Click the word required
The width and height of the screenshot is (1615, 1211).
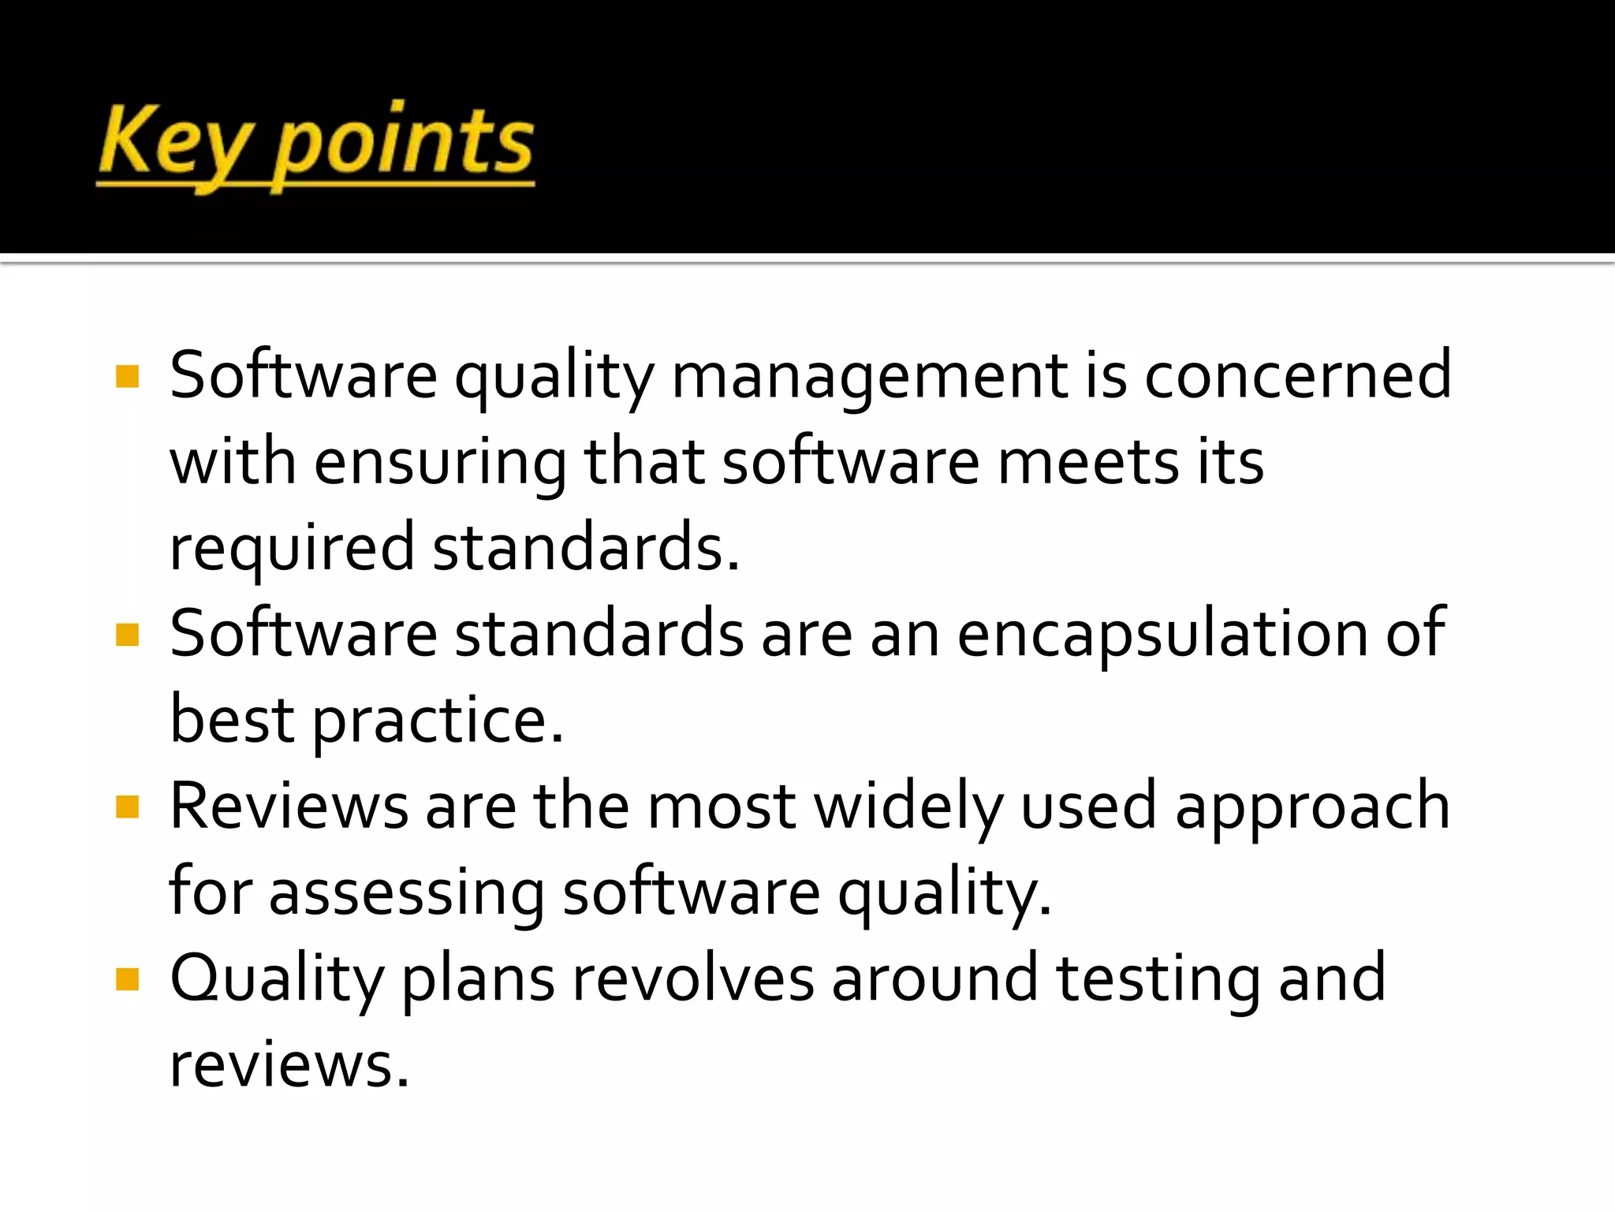tap(292, 550)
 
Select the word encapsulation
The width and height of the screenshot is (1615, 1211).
tap(1162, 635)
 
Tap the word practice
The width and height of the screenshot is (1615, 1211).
tap(438, 721)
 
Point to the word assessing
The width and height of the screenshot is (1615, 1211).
tap(406, 895)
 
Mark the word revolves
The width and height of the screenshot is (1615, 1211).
tap(692, 979)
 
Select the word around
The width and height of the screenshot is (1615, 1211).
tap(934, 979)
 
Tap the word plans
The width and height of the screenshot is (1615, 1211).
tap(478, 981)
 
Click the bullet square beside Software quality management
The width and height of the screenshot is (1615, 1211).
tap(127, 376)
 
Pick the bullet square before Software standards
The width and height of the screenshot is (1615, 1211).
tap(127, 635)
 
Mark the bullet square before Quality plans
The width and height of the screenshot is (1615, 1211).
tap(127, 979)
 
